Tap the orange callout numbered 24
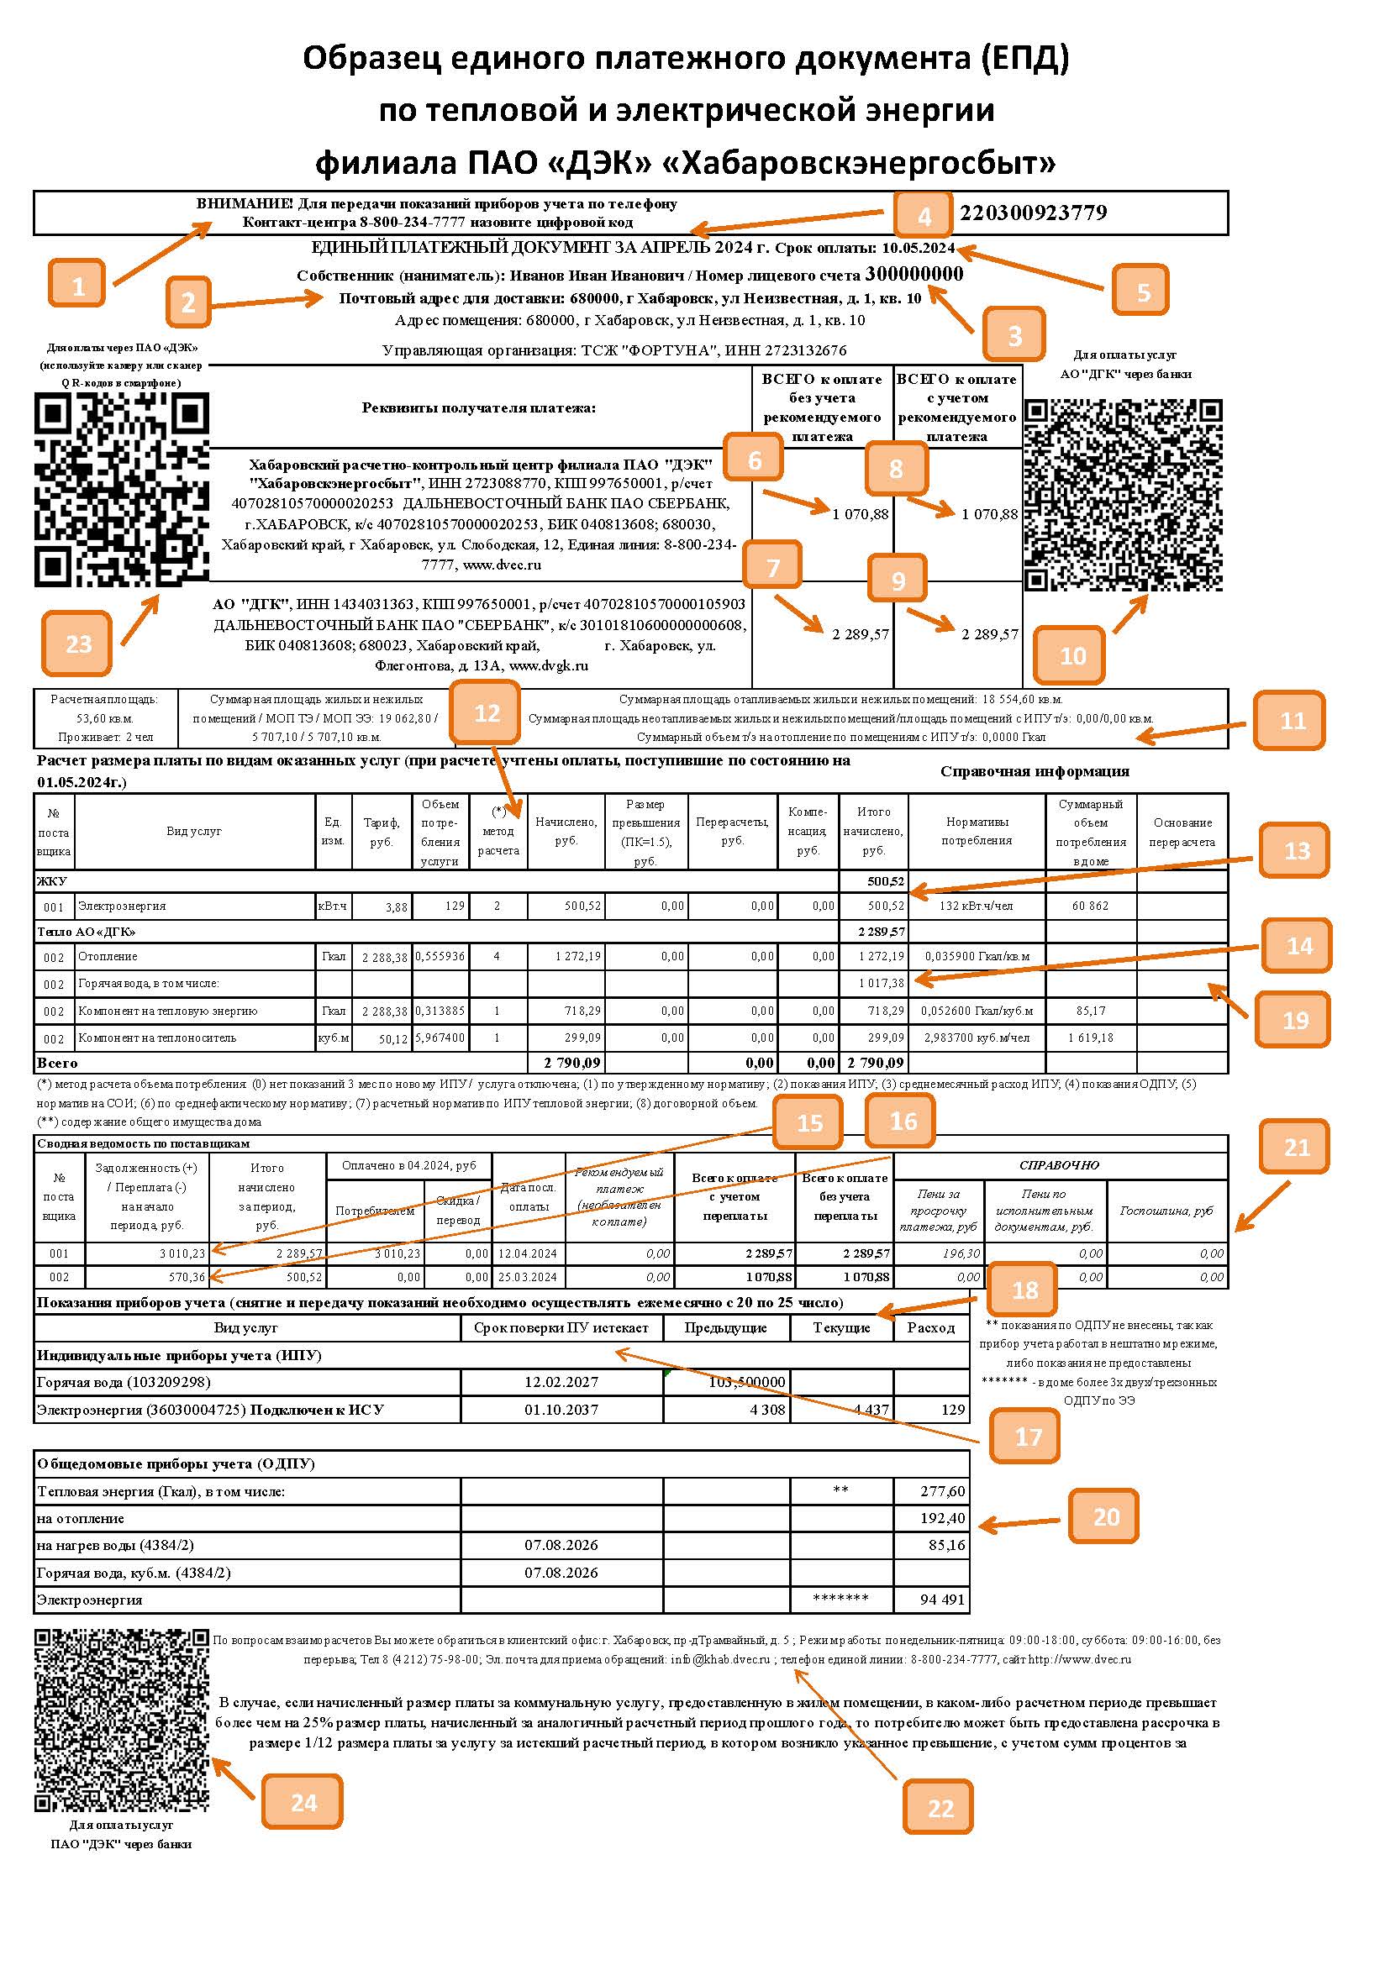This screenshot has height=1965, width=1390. pos(303,1801)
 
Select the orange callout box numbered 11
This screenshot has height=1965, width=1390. pos(1291,721)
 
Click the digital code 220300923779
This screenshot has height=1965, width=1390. pos(1033,213)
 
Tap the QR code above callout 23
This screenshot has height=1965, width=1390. pos(122,490)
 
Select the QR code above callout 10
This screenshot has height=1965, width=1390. pos(1123,495)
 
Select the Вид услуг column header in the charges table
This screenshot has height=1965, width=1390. pos(193,831)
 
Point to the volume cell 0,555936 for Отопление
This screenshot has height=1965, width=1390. pos(440,956)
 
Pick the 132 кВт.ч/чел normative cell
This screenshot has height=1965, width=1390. pos(976,906)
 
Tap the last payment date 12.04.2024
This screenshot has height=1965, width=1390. pos(527,1253)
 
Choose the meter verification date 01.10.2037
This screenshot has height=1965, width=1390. pos(561,1410)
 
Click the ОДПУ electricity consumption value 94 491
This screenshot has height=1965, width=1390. pos(941,1600)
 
